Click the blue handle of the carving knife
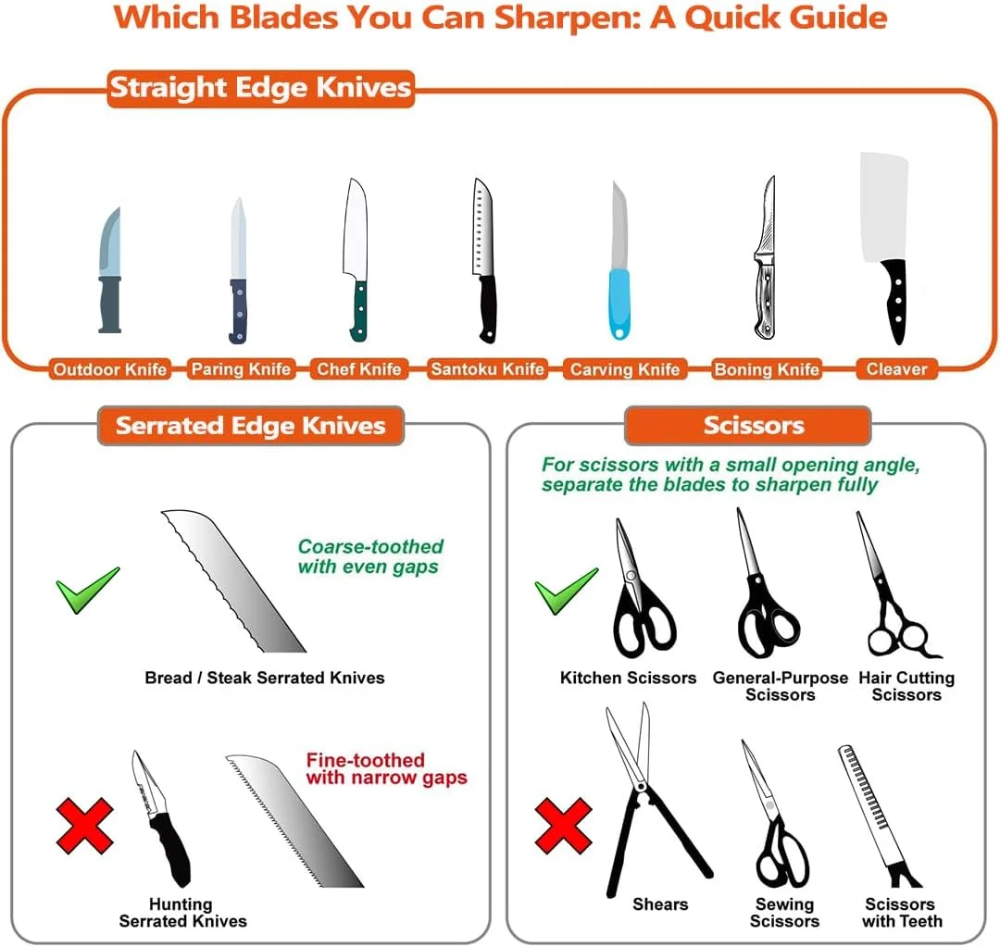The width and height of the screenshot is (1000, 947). click(x=619, y=305)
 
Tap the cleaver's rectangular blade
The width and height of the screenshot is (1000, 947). click(x=883, y=206)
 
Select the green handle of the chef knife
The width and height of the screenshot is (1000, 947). click(x=359, y=311)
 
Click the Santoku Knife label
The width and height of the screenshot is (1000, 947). click(x=487, y=369)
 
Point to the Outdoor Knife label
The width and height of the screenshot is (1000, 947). click(x=109, y=369)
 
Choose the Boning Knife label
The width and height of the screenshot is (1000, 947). click(x=767, y=369)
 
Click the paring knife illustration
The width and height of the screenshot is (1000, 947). click(x=238, y=270)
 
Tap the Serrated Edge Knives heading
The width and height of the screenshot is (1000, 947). click(x=251, y=425)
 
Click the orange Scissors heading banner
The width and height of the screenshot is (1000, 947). click(x=748, y=425)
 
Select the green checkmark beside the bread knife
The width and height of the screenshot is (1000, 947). click(x=87, y=590)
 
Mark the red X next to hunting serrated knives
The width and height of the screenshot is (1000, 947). click(x=85, y=826)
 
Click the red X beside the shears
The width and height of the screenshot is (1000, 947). click(x=564, y=826)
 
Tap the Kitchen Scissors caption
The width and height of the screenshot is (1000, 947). click(x=628, y=678)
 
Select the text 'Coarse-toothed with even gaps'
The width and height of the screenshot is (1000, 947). click(x=369, y=556)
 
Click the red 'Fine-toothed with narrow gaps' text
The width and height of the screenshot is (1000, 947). click(x=386, y=768)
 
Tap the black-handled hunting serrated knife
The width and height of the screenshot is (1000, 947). click(x=161, y=819)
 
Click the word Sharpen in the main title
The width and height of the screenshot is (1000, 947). click(x=567, y=18)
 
